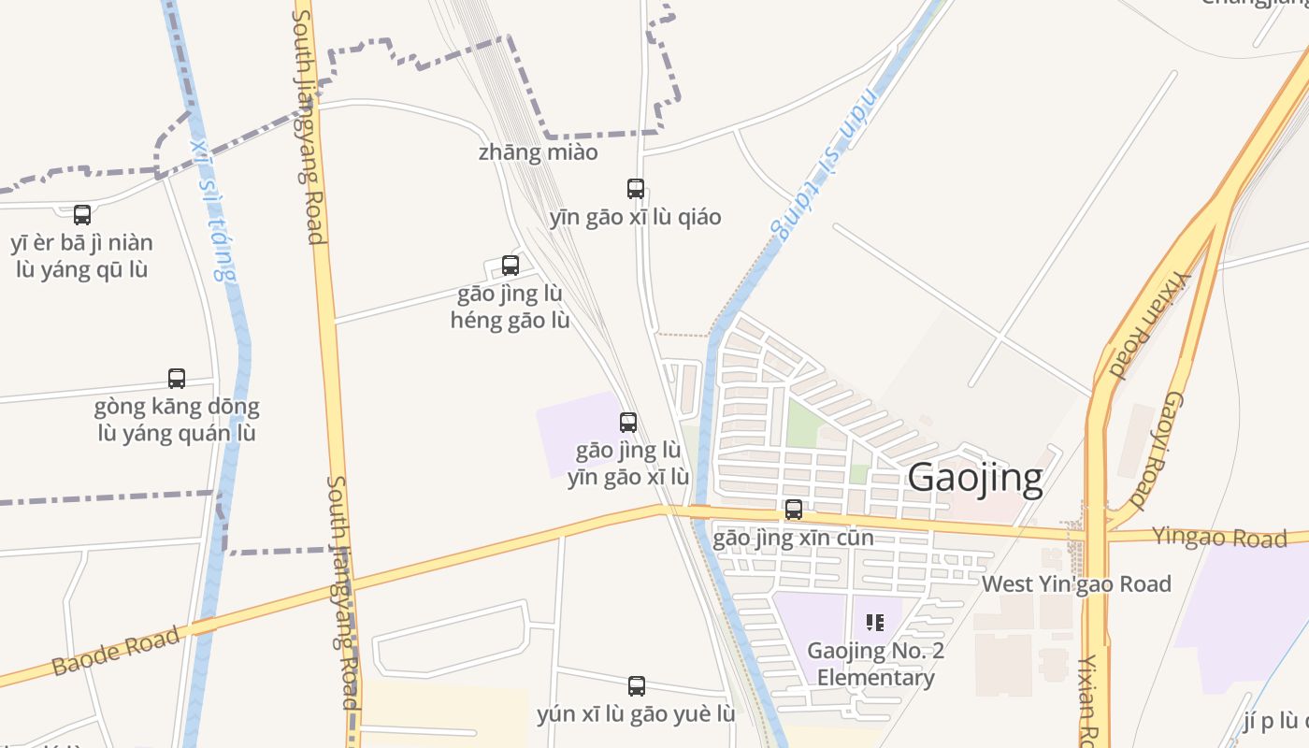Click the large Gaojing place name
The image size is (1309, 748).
pyautogui.click(x=975, y=478)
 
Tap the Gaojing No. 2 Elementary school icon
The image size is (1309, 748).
pyautogui.click(x=875, y=623)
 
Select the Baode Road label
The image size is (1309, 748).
pyautogui.click(x=116, y=652)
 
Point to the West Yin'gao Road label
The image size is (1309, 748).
pyautogui.click(x=1075, y=584)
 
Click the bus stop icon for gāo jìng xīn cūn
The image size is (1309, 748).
pyautogui.click(x=794, y=510)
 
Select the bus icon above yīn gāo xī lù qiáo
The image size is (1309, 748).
pyautogui.click(x=636, y=189)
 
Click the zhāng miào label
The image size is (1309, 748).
pyautogui.click(x=538, y=152)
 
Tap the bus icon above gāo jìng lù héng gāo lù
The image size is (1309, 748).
pyautogui.click(x=511, y=266)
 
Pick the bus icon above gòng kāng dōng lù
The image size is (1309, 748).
pyautogui.click(x=177, y=379)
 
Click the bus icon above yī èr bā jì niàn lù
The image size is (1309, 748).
pyautogui.click(x=82, y=215)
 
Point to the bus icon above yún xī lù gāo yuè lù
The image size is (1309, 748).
pyautogui.click(x=637, y=686)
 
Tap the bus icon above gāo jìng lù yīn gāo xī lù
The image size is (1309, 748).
pyautogui.click(x=628, y=423)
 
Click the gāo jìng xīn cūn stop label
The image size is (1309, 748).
pyautogui.click(x=793, y=539)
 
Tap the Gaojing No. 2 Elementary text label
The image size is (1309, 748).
pyautogui.click(x=875, y=664)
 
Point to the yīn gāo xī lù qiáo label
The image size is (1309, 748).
pyautogui.click(x=635, y=218)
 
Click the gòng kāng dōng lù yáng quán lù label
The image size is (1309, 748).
pyautogui.click(x=177, y=421)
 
